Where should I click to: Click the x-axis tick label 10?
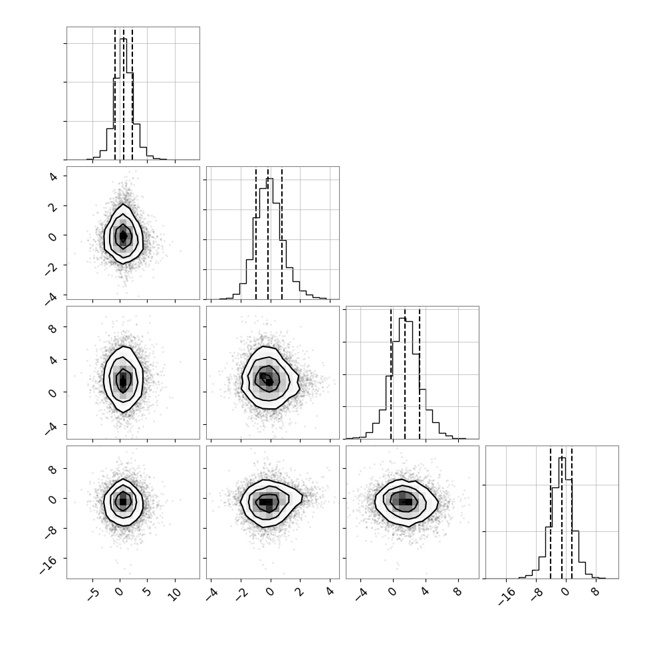pyautogui.click(x=175, y=594)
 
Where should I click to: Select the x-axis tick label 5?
pyautogui.click(x=146, y=592)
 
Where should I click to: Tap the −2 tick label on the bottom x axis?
pyautogui.click(x=242, y=594)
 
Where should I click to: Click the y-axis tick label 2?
pyautogui.click(x=53, y=207)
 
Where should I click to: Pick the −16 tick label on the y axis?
pyautogui.click(x=48, y=565)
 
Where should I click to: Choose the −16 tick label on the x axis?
pyautogui.click(x=507, y=596)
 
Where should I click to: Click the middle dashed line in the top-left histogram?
pyautogui.click(x=124, y=93)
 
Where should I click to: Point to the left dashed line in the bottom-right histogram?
pyautogui.click(x=551, y=512)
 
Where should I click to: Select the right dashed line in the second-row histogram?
pyautogui.click(x=282, y=233)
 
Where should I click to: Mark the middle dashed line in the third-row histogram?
pyautogui.click(x=405, y=372)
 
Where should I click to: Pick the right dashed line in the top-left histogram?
pyautogui.click(x=132, y=93)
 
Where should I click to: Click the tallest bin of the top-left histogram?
pyautogui.click(x=124, y=99)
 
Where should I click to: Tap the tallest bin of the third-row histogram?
pyautogui.click(x=403, y=378)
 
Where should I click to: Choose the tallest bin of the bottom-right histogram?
pyautogui.click(x=562, y=518)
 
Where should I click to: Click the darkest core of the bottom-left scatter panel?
pyautogui.click(x=122, y=501)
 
